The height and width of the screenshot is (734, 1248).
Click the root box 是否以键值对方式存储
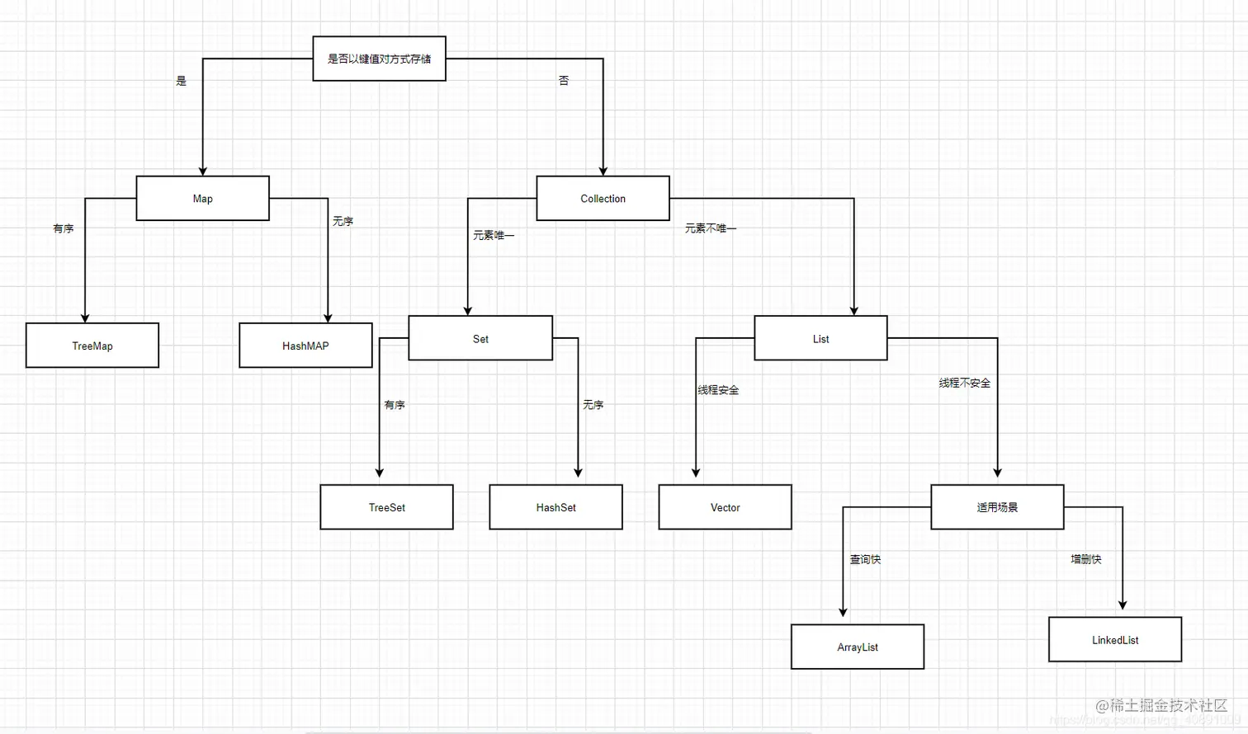[379, 59]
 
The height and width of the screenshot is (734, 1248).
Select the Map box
[202, 198]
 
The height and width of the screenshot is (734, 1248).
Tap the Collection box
[603, 198]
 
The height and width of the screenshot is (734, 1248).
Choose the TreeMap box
[92, 346]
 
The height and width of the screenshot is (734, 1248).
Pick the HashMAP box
[305, 346]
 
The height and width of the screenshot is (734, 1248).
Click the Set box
[480, 338]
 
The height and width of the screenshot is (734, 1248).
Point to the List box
[820, 338]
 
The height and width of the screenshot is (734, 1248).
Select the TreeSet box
[386, 507]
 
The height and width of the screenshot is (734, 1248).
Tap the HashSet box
[555, 507]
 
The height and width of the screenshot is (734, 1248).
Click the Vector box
[725, 507]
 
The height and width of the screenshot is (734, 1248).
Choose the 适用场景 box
[997, 507]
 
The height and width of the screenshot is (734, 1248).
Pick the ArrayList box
[857, 647]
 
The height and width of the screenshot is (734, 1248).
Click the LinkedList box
[1114, 639]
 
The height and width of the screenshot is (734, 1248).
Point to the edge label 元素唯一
[494, 235]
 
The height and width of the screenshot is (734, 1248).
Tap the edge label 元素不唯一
[710, 228]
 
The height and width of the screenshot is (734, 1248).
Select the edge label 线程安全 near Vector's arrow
[718, 390]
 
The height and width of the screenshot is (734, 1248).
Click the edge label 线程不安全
[964, 383]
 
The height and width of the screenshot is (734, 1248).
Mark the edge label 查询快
[865, 559]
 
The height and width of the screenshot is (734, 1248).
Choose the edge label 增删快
[1085, 559]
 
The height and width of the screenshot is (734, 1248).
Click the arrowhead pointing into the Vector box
[696, 473]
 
